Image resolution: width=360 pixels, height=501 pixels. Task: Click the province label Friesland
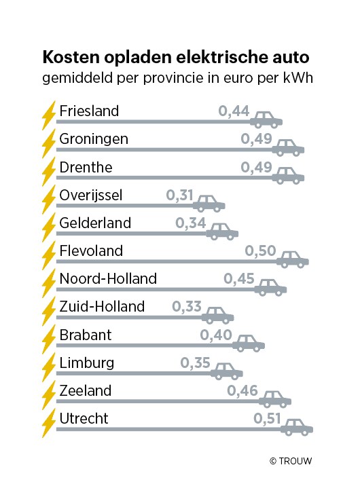tap(89, 111)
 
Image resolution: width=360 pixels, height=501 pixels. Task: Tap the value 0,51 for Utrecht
tap(268, 419)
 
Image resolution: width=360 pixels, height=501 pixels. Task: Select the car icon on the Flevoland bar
tap(293, 259)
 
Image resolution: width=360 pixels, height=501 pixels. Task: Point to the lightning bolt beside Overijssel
tap(48, 200)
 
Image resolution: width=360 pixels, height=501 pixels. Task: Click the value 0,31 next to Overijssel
tap(180, 196)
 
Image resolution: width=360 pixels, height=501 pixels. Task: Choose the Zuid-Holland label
tap(102, 307)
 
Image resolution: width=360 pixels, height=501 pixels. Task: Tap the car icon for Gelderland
tap(222, 231)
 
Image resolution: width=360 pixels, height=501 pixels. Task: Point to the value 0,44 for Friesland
tap(233, 111)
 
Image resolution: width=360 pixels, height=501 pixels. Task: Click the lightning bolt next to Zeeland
tap(48, 395)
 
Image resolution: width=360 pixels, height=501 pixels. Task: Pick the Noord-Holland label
tap(108, 279)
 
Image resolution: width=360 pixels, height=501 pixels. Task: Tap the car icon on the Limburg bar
tap(226, 371)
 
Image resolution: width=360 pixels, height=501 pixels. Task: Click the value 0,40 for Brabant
tap(215, 335)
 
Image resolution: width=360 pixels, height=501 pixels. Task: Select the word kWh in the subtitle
tap(302, 78)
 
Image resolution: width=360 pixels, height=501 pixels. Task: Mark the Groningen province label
tap(94, 139)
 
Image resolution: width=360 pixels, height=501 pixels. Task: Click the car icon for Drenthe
tap(288, 176)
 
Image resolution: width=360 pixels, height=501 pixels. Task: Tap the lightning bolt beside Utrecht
tap(48, 423)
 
